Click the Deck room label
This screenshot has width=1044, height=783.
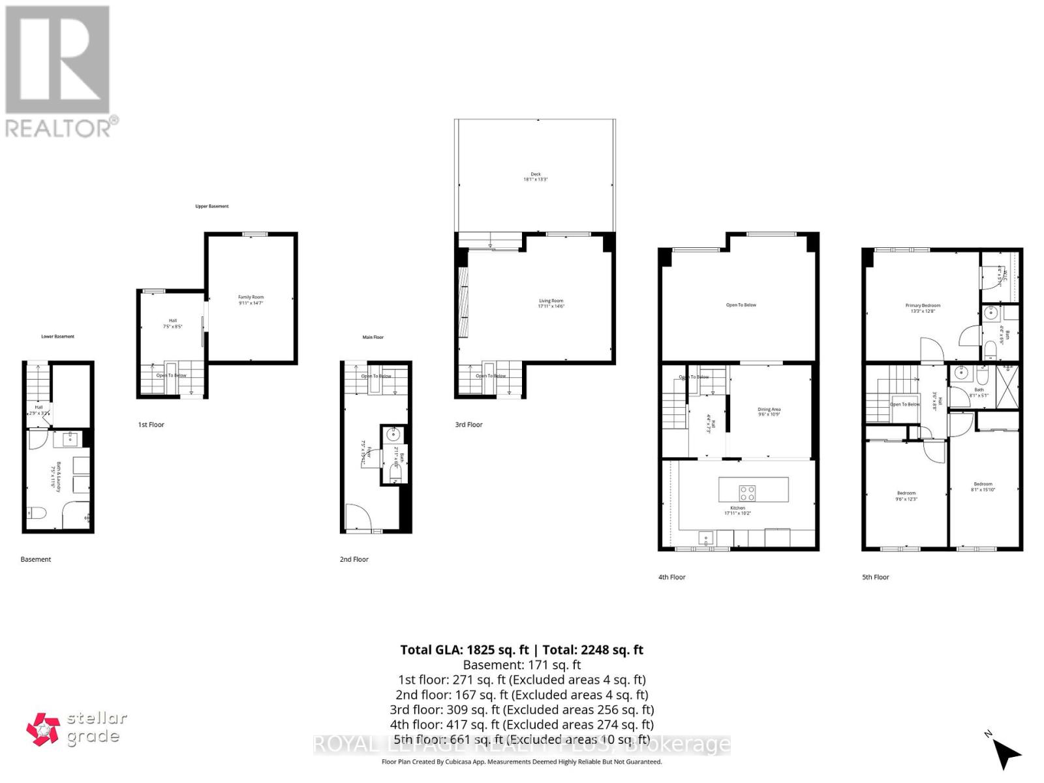coord(535,176)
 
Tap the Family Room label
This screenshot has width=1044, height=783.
coord(251,300)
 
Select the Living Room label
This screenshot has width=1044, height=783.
coord(551,303)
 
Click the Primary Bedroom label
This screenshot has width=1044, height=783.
coord(923,308)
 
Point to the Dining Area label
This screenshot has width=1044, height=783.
coord(769,412)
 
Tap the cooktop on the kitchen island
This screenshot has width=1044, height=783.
coord(747,491)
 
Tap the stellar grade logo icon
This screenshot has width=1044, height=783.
coord(43,729)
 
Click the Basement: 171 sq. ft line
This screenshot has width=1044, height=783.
coord(521,665)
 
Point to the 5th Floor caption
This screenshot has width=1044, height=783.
coord(875,577)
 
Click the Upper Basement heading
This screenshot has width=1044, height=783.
coord(212,206)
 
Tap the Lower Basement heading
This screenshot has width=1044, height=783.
coord(57,337)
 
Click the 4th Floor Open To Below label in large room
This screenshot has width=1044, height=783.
coord(741,305)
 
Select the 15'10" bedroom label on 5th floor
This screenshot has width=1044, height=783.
coord(983,487)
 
